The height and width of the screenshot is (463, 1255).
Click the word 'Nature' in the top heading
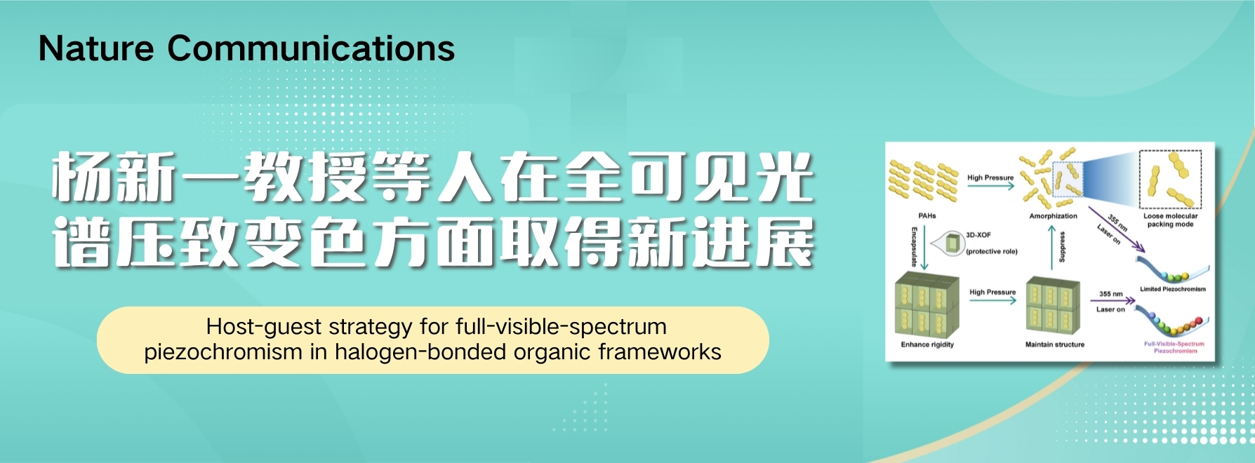pos(96,48)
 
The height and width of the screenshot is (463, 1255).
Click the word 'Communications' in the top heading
pos(311,48)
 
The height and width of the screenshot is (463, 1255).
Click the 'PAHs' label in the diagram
pos(927,216)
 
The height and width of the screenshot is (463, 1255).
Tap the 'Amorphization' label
pos(1053,216)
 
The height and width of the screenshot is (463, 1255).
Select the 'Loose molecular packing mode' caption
pos(1170,220)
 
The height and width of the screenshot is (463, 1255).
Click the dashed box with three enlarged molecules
pos(1170,180)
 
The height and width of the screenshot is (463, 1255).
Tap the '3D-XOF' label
pos(978,235)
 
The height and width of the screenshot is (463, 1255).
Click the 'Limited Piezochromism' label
pos(1172,289)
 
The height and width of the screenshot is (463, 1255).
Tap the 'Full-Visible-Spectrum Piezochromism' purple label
pos(1174,347)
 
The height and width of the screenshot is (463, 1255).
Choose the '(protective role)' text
pos(992,251)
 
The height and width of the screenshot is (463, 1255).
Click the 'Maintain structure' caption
pos(1054,344)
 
